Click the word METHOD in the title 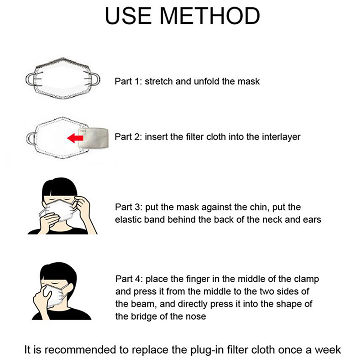pyautogui.click(x=210, y=16)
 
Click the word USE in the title pyautogui.click(x=128, y=16)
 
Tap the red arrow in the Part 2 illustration pyautogui.click(x=75, y=138)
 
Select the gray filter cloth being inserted pyautogui.click(x=93, y=139)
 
